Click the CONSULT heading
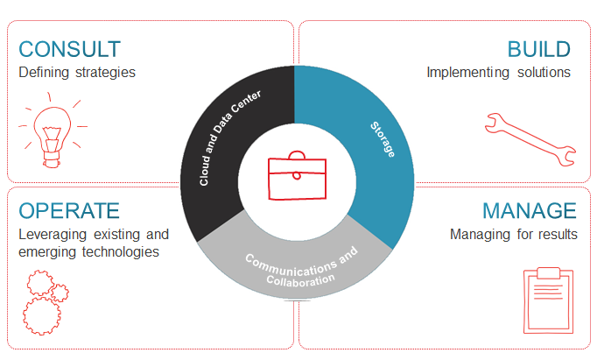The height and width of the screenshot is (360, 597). pos(70,49)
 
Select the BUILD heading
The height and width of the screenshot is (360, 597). pos(538,49)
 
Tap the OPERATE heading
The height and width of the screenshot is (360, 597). pos(69,211)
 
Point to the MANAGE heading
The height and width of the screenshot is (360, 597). pos(530,211)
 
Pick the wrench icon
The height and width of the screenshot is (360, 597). pos(530,139)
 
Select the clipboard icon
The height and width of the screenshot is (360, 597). pos(548,300)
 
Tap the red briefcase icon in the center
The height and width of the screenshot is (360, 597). pos(297,175)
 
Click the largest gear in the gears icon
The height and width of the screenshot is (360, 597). pos(41,316)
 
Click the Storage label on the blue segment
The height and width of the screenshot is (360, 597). pos(383,139)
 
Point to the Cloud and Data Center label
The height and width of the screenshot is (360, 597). pos(230,138)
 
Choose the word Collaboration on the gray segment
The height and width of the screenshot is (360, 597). pos(300,280)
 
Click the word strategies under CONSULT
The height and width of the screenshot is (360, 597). pos(105,73)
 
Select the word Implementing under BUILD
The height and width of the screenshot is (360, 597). pos(467,73)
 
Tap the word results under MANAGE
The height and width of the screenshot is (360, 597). pos(560,234)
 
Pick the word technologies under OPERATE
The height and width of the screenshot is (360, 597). pos(120,251)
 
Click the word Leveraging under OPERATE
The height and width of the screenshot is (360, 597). pos(53,235)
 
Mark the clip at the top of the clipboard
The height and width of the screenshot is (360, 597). pos(548,273)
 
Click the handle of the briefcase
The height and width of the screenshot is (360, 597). pos(297,154)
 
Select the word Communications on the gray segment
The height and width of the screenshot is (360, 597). pos(291,266)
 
